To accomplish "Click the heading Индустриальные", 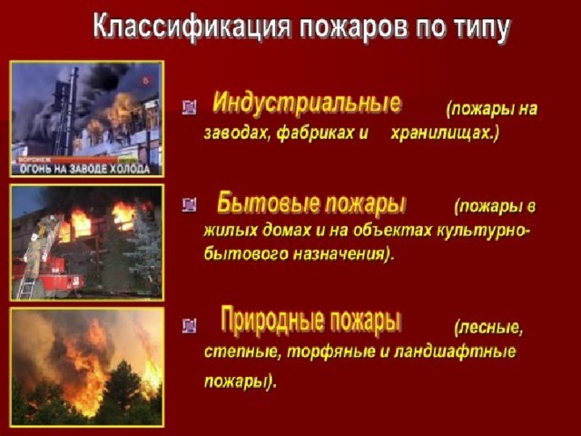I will (307, 102).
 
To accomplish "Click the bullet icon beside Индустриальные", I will (189, 107).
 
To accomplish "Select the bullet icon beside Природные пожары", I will (189, 325).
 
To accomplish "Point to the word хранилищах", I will (445, 133).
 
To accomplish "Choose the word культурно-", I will (486, 230).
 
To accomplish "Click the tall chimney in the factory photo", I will (72, 109).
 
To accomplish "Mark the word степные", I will (235, 351).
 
